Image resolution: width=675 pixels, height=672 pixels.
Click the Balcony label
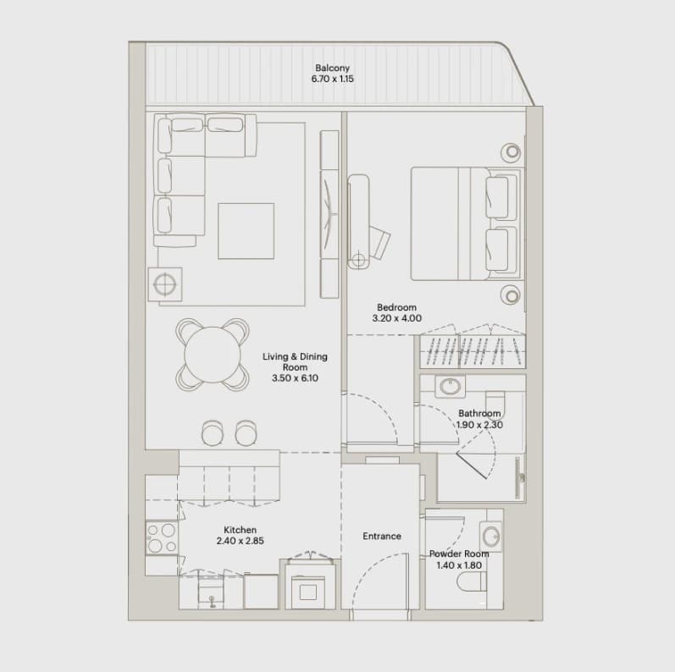(332, 68)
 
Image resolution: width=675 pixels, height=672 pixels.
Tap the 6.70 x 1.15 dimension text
(332, 79)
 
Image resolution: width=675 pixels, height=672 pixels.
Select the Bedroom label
(396, 307)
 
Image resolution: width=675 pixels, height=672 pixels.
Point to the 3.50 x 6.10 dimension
(295, 378)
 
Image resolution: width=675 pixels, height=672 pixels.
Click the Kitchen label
(240, 530)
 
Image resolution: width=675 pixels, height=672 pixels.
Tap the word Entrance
(382, 536)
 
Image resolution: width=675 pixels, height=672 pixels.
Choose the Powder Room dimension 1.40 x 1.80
(459, 565)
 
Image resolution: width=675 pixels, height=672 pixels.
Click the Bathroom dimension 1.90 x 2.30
(479, 425)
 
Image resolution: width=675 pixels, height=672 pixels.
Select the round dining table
(213, 355)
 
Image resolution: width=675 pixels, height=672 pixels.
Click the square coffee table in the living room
(246, 231)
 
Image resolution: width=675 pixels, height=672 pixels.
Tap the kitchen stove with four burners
(162, 537)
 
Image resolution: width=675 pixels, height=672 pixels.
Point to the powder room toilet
(472, 581)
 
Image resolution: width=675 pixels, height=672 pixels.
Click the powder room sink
(490, 537)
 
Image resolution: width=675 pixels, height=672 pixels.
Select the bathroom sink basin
(450, 386)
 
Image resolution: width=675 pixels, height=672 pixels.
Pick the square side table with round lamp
(165, 284)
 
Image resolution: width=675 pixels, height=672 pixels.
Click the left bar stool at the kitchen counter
(213, 432)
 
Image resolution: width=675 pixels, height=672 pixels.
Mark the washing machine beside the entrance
(308, 592)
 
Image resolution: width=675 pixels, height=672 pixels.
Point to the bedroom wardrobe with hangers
(473, 351)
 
